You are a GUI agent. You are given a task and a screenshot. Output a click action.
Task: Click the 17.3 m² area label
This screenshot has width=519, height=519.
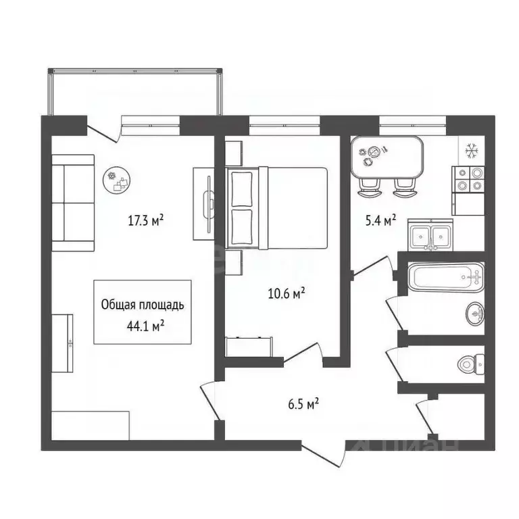point(147,220)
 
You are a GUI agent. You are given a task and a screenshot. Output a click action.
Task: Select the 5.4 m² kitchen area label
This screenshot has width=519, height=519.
point(380,220)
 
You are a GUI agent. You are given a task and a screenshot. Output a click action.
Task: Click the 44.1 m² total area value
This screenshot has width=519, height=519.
point(142,326)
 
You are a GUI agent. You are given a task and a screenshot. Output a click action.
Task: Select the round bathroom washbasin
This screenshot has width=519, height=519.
point(474,313)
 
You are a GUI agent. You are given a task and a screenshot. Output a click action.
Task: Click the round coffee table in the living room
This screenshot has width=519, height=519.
point(119,180)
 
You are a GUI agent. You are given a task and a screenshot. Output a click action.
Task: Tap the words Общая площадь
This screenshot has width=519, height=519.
point(142,305)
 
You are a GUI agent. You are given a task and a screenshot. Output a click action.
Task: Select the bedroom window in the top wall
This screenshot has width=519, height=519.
point(283,122)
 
